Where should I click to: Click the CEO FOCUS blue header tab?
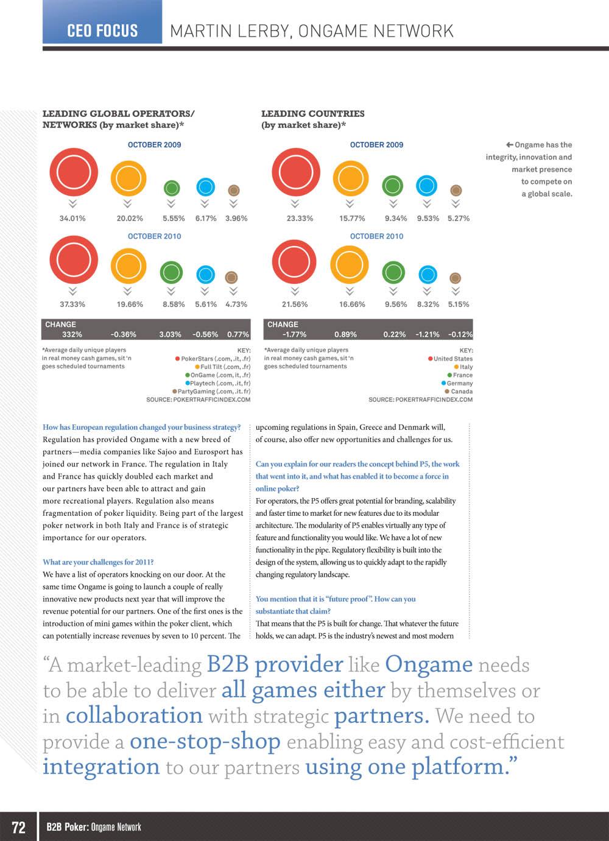click(102, 30)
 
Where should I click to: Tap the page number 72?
click(19, 827)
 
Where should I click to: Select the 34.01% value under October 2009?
click(72, 218)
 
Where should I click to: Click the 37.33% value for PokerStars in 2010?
click(72, 304)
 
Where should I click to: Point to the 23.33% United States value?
click(300, 218)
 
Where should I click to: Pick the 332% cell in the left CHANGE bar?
click(72, 334)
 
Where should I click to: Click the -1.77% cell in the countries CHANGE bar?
click(294, 334)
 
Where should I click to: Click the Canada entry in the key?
click(461, 392)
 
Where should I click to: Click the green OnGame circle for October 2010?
click(171, 272)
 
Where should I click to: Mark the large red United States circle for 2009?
click(296, 172)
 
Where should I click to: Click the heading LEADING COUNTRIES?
click(312, 113)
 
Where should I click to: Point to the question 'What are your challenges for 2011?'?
click(98, 562)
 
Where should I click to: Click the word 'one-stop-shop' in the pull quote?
click(205, 741)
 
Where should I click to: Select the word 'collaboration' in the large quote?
click(134, 716)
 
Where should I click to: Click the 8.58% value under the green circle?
click(174, 304)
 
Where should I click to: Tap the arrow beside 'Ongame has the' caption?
click(509, 145)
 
